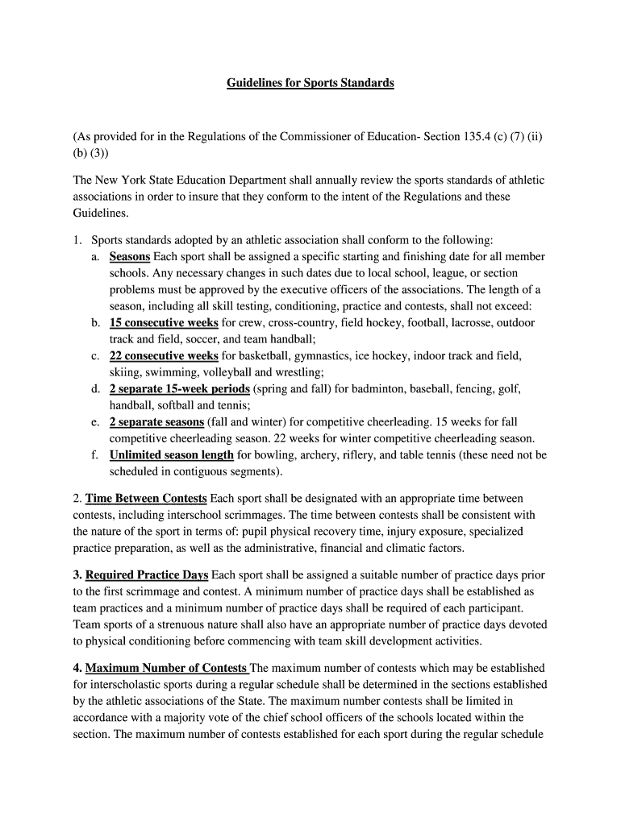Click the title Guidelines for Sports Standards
click(x=310, y=83)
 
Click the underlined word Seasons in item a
click(x=130, y=256)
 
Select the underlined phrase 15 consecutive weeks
click(x=164, y=322)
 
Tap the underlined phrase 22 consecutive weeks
click(x=164, y=355)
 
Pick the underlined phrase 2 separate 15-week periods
click(x=179, y=388)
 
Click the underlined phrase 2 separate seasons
click(x=156, y=421)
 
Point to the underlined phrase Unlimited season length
click(x=171, y=454)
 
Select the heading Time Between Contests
click(x=146, y=498)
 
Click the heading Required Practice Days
click(x=147, y=574)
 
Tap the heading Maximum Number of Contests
click(x=167, y=668)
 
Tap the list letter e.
click(x=94, y=421)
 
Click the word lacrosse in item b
click(x=452, y=322)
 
